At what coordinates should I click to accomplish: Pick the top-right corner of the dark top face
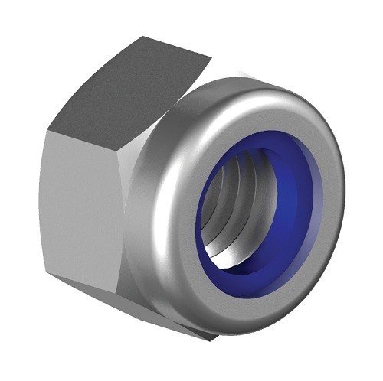(210, 55)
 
